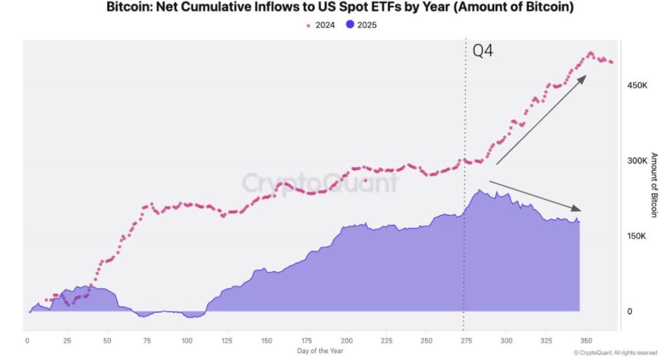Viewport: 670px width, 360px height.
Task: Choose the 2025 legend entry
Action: pyautogui.click(x=360, y=25)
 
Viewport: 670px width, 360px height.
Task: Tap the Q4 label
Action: pyautogui.click(x=482, y=52)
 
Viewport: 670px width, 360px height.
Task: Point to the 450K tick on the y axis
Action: pyautogui.click(x=638, y=85)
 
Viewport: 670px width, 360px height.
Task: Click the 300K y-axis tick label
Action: pyautogui.click(x=638, y=160)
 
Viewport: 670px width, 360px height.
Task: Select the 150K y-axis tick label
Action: pyautogui.click(x=638, y=236)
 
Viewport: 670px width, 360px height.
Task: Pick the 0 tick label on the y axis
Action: pyautogui.click(x=629, y=311)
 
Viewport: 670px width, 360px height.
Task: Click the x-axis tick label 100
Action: pyautogui.click(x=187, y=340)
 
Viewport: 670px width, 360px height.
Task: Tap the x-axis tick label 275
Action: pyautogui.click(x=467, y=340)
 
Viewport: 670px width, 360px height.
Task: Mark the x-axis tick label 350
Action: pyautogui.click(x=586, y=340)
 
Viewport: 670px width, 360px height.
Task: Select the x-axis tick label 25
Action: pyautogui.click(x=67, y=340)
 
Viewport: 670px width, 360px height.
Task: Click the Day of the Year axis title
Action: pyautogui.click(x=320, y=351)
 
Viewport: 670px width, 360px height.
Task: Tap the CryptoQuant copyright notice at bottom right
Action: pyautogui.click(x=615, y=352)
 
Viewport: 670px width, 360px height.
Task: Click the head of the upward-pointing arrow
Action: pyautogui.click(x=584, y=77)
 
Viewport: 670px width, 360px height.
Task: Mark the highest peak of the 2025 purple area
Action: pyautogui.click(x=480, y=190)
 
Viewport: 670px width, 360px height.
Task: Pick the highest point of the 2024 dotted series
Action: pyautogui.click(x=590, y=53)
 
